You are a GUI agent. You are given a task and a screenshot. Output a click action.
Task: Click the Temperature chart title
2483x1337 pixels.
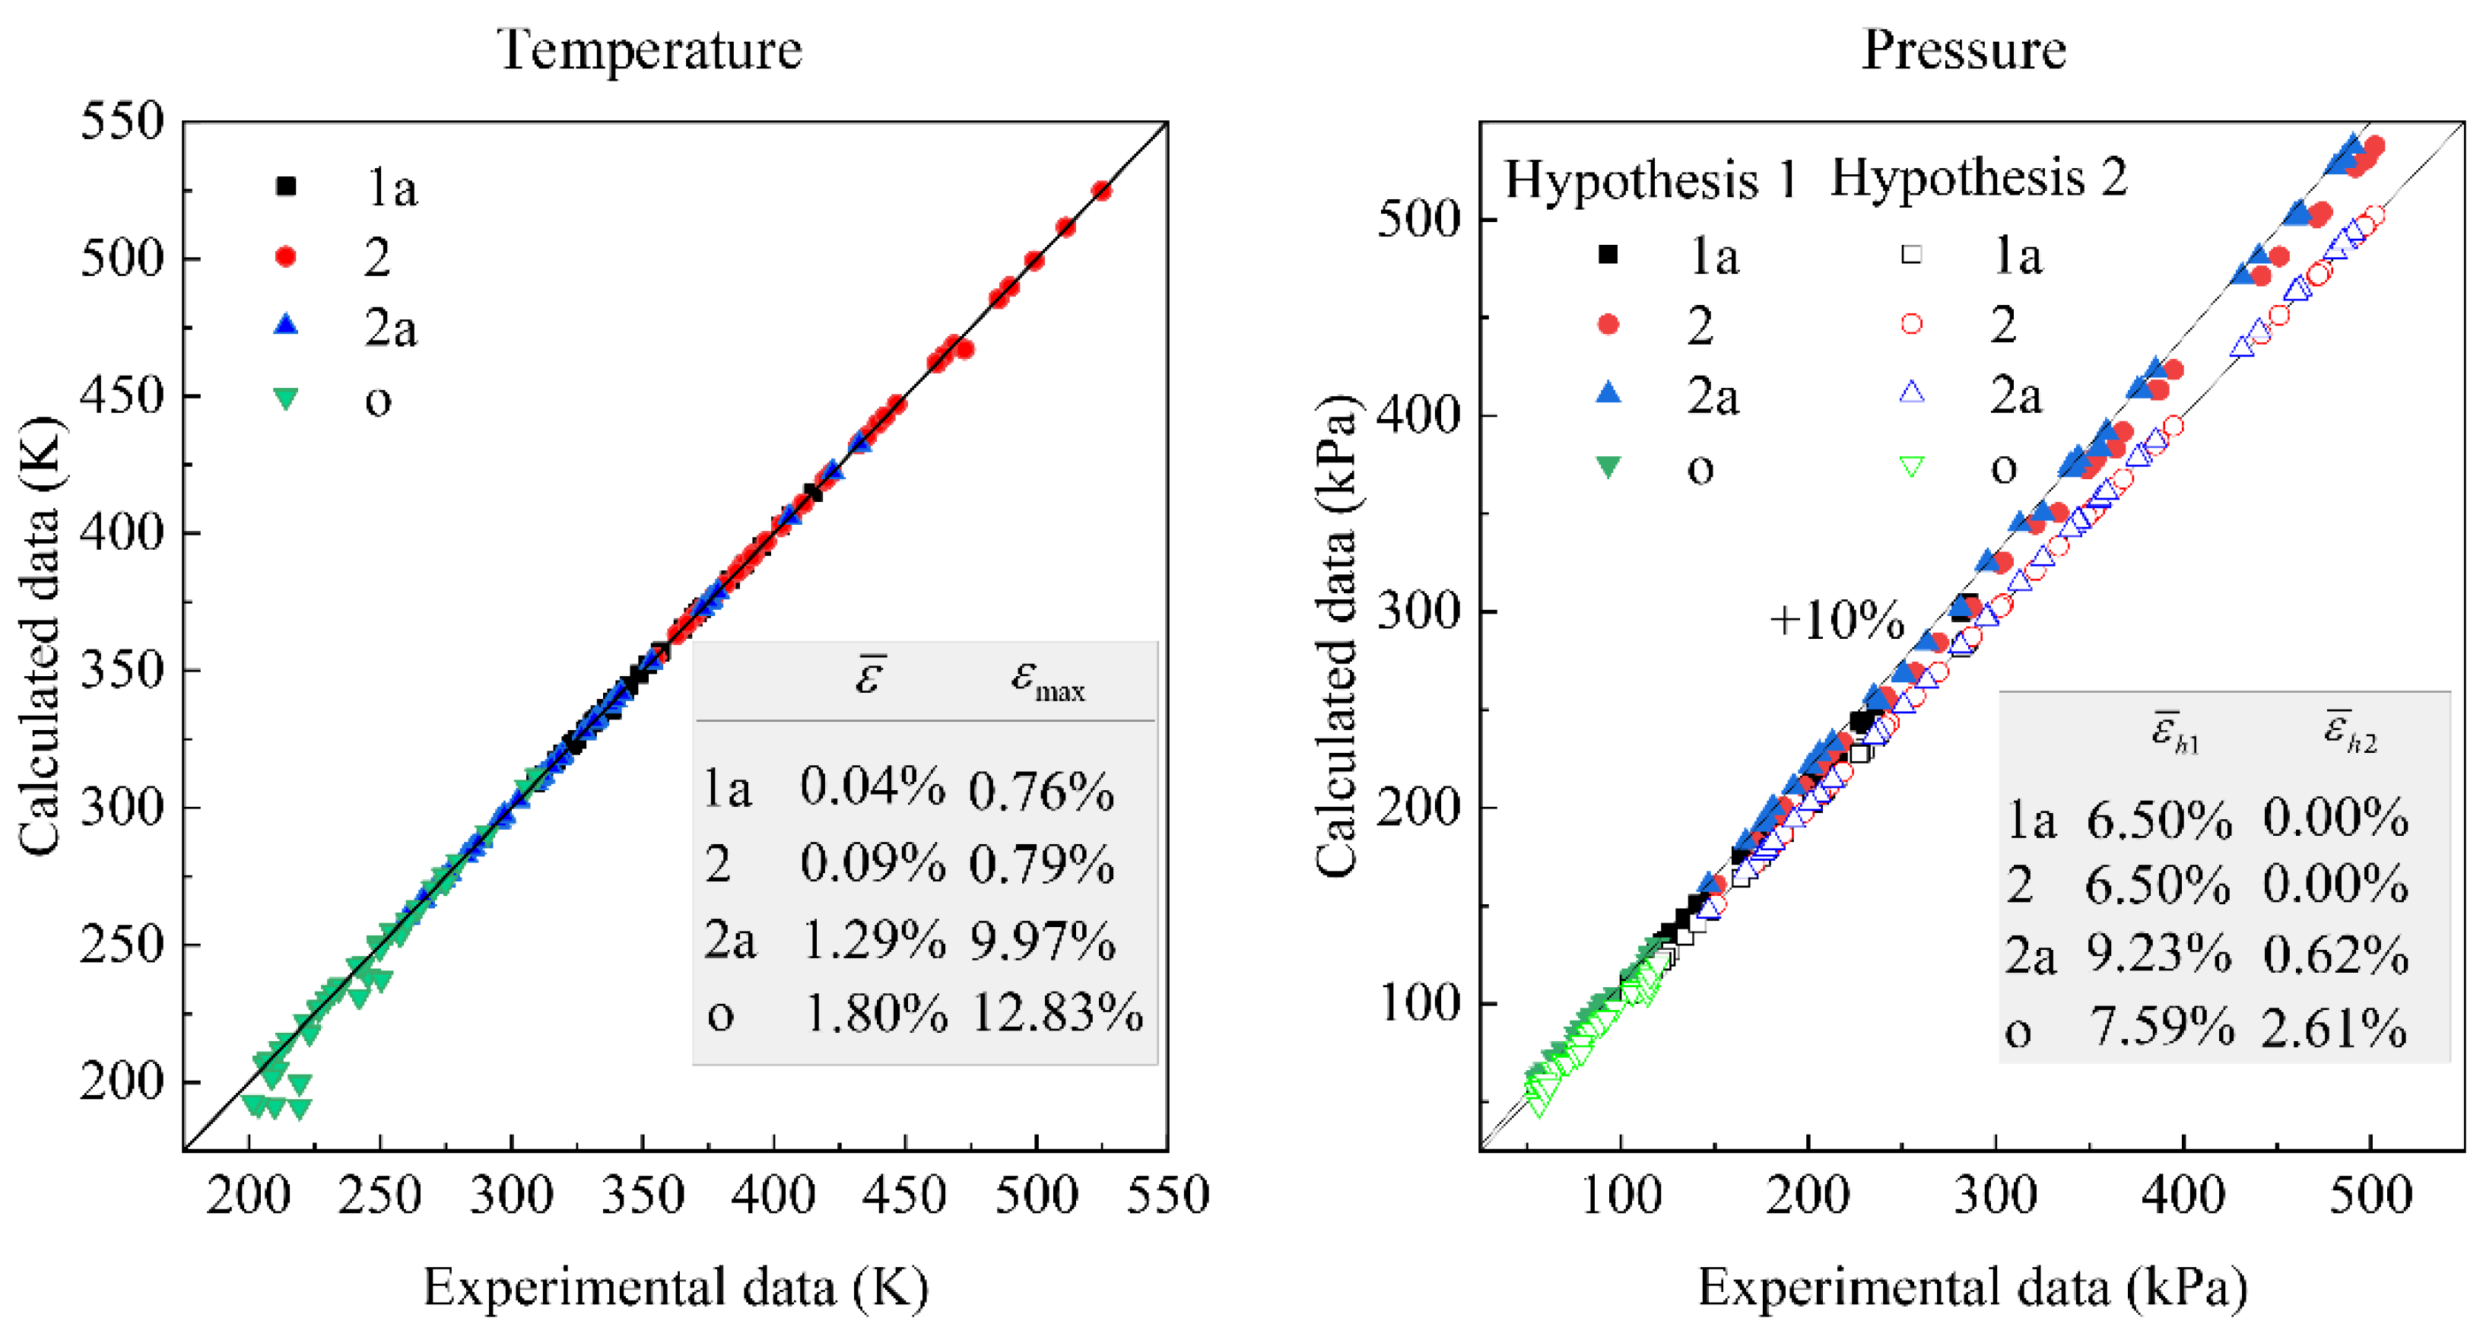[649, 50]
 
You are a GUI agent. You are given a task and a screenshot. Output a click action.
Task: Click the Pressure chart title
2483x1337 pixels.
[1963, 50]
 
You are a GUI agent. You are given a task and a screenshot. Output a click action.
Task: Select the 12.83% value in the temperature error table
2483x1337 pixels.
[1056, 1013]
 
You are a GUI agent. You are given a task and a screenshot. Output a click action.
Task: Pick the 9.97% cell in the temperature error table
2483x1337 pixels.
[1041, 941]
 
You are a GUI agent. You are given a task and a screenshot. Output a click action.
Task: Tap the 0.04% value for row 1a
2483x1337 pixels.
[872, 788]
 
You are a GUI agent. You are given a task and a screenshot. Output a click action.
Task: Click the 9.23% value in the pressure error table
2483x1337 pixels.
[2158, 954]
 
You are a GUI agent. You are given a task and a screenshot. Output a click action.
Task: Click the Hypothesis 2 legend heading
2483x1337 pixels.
[1979, 179]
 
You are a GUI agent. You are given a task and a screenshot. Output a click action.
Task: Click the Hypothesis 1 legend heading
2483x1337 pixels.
[1651, 179]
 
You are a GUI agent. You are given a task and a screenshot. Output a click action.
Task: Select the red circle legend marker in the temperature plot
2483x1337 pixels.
[285, 256]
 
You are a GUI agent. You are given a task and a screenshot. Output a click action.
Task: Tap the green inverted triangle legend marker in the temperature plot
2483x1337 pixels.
[285, 398]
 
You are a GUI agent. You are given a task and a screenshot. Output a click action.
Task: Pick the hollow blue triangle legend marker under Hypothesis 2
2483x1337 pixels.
[1911, 393]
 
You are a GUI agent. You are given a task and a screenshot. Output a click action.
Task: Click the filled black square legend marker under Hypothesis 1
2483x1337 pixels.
[1608, 255]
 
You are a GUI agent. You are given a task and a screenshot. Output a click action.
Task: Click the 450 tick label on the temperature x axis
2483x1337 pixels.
[903, 1196]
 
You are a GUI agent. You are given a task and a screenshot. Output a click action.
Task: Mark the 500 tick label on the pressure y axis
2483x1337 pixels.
[1418, 220]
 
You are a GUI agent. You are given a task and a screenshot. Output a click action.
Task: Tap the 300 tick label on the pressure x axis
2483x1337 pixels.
[1996, 1196]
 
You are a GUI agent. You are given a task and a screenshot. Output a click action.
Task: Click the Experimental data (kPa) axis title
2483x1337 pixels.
[1972, 1288]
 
